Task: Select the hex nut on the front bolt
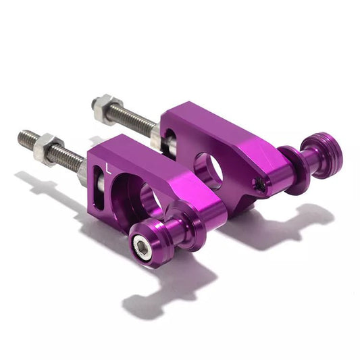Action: coord(49,147)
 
